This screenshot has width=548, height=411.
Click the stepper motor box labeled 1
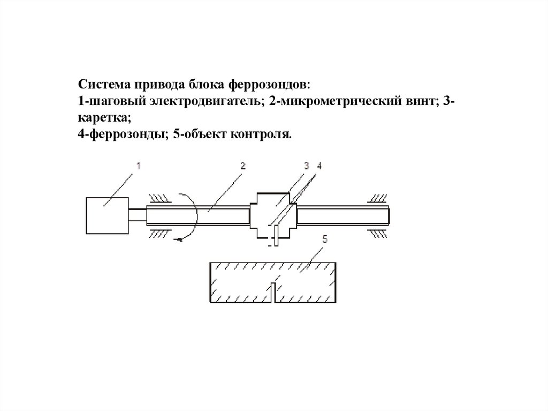coord(107,215)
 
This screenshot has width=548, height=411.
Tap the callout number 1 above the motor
coord(138,167)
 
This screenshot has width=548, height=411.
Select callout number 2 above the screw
coord(242,167)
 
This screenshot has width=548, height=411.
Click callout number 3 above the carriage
coord(307,167)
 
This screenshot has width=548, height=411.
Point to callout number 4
coord(319,167)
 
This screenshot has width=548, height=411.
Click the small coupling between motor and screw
coord(137,215)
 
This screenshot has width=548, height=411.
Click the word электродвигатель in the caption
coord(205,101)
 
